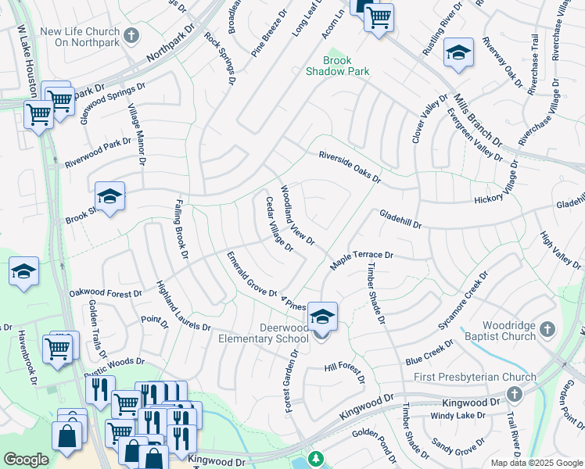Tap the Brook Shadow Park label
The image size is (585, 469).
[338, 66]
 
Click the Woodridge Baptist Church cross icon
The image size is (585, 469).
[547, 330]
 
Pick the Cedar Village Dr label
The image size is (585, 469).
[278, 224]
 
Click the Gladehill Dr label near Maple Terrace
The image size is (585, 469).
[400, 219]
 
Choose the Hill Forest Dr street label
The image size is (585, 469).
[345, 372]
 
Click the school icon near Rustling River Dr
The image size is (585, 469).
[458, 53]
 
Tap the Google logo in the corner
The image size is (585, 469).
[26, 460]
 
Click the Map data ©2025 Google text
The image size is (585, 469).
[537, 463]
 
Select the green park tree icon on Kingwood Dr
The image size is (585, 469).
[315, 458]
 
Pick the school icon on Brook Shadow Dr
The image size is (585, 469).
[109, 197]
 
